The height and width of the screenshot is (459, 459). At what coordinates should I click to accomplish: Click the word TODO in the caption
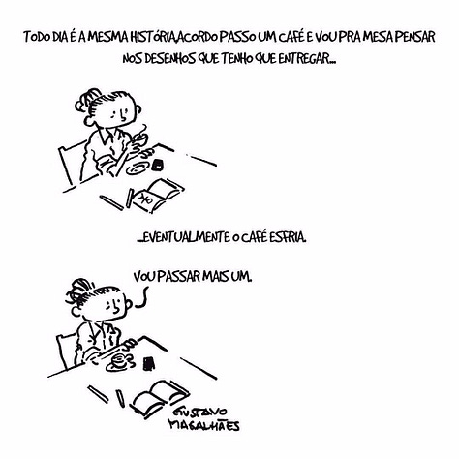[35, 37]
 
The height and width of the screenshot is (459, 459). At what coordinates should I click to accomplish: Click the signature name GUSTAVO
[201, 413]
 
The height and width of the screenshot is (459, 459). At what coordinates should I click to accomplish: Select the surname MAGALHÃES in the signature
[204, 425]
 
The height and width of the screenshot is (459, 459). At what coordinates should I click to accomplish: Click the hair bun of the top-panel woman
[84, 101]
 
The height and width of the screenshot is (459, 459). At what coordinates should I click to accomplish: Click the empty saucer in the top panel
[138, 168]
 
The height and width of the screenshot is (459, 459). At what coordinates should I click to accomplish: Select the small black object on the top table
[158, 164]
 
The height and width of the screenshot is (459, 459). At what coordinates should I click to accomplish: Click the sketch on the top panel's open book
[146, 199]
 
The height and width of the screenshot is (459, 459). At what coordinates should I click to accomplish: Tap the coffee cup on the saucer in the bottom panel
[120, 359]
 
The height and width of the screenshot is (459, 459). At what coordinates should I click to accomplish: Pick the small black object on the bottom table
[148, 363]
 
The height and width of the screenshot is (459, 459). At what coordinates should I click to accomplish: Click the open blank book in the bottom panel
[161, 397]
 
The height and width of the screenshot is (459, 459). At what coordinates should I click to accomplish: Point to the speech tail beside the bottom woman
[142, 297]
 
